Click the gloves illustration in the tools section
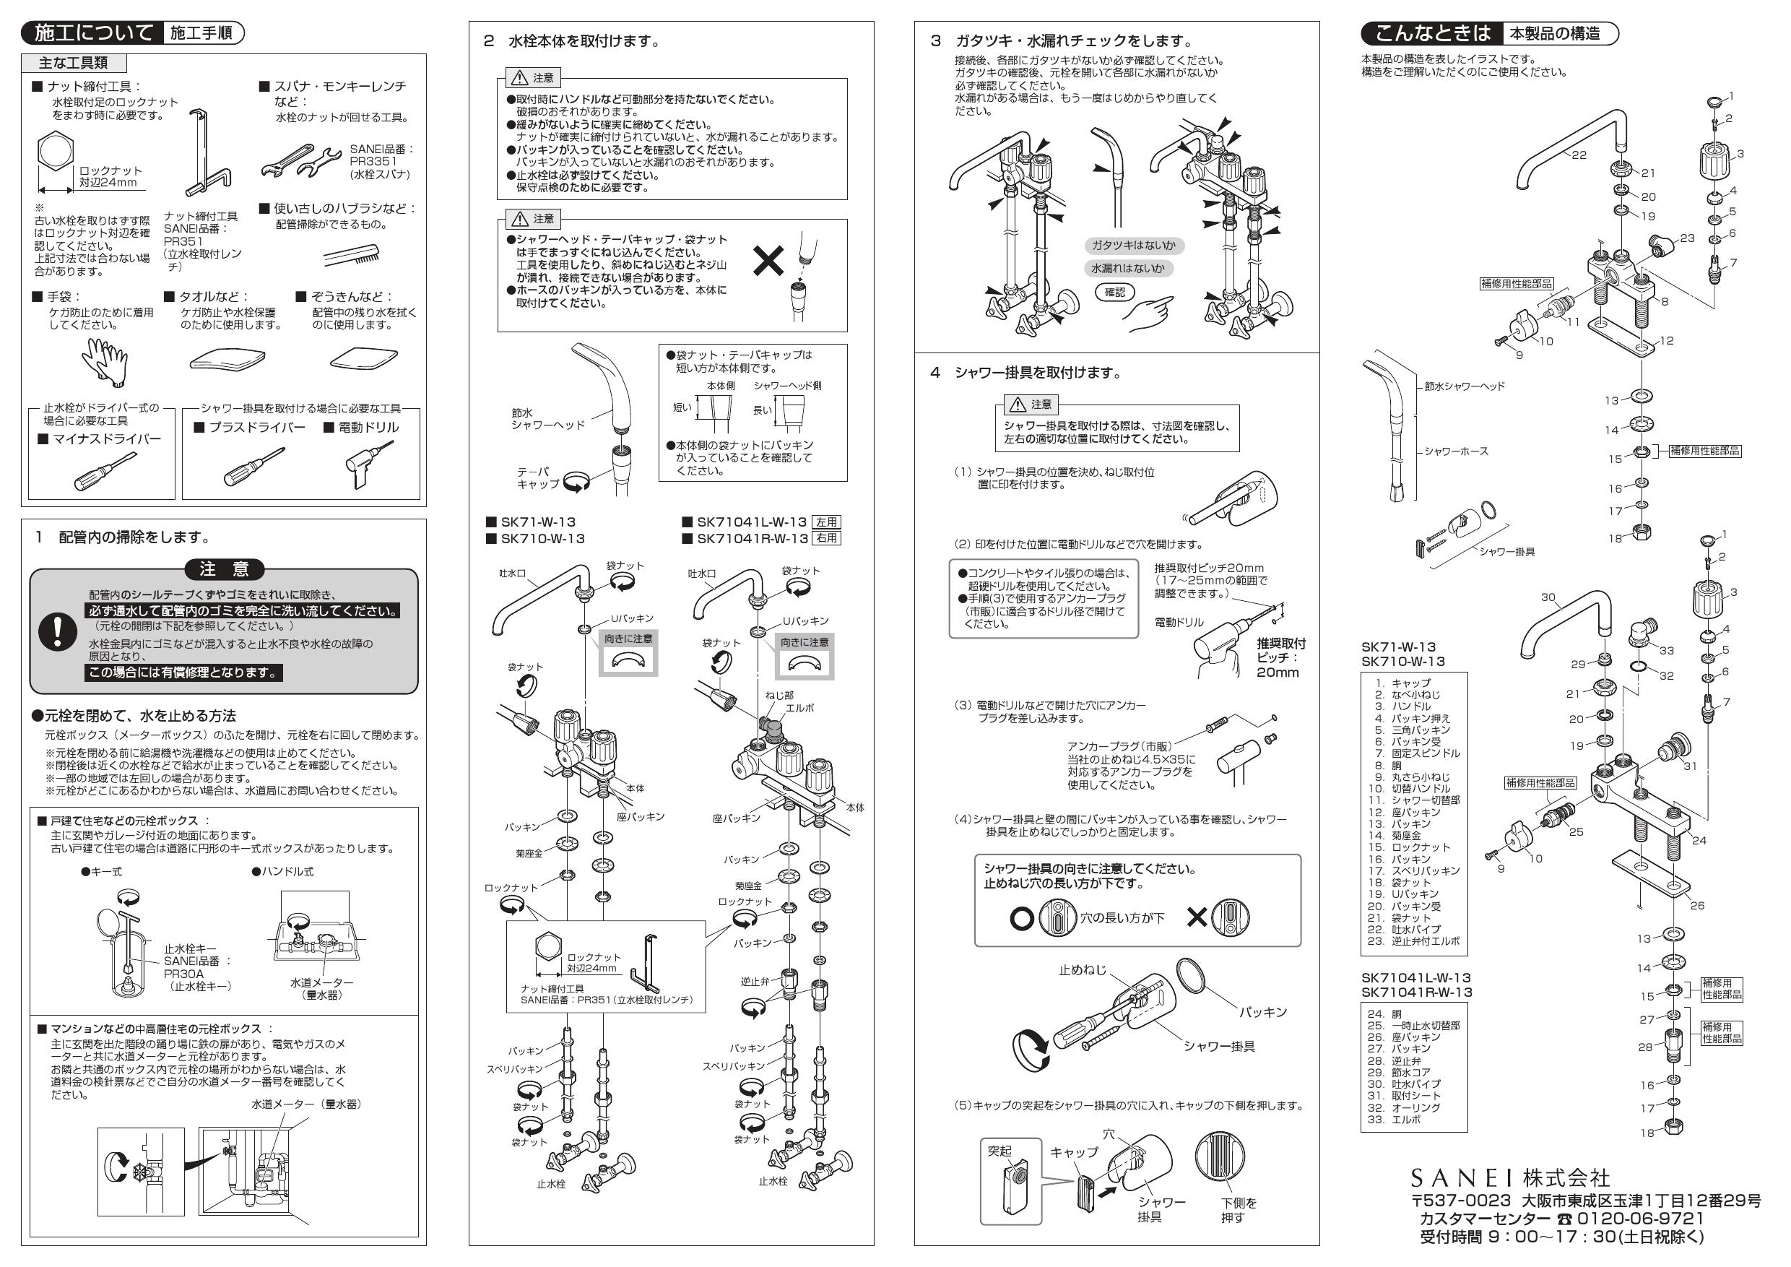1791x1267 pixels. pyautogui.click(x=105, y=361)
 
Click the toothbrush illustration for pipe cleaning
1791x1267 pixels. pyautogui.click(x=352, y=254)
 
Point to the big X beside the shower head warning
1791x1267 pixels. pyautogui.click(x=768, y=261)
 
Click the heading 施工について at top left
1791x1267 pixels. pyautogui.click(x=94, y=33)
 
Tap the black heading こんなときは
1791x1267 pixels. pyautogui.click(x=1431, y=33)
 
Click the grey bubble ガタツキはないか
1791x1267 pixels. pyautogui.click(x=1133, y=246)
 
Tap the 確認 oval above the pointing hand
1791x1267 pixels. pyautogui.click(x=1115, y=292)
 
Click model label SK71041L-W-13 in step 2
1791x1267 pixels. pyautogui.click(x=751, y=522)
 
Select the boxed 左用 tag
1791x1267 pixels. pyautogui.click(x=827, y=522)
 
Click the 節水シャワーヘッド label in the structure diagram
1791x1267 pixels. pyautogui.click(x=1464, y=386)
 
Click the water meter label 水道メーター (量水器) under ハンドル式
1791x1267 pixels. pyautogui.click(x=321, y=988)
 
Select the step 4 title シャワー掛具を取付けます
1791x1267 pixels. pyautogui.click(x=1038, y=373)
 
